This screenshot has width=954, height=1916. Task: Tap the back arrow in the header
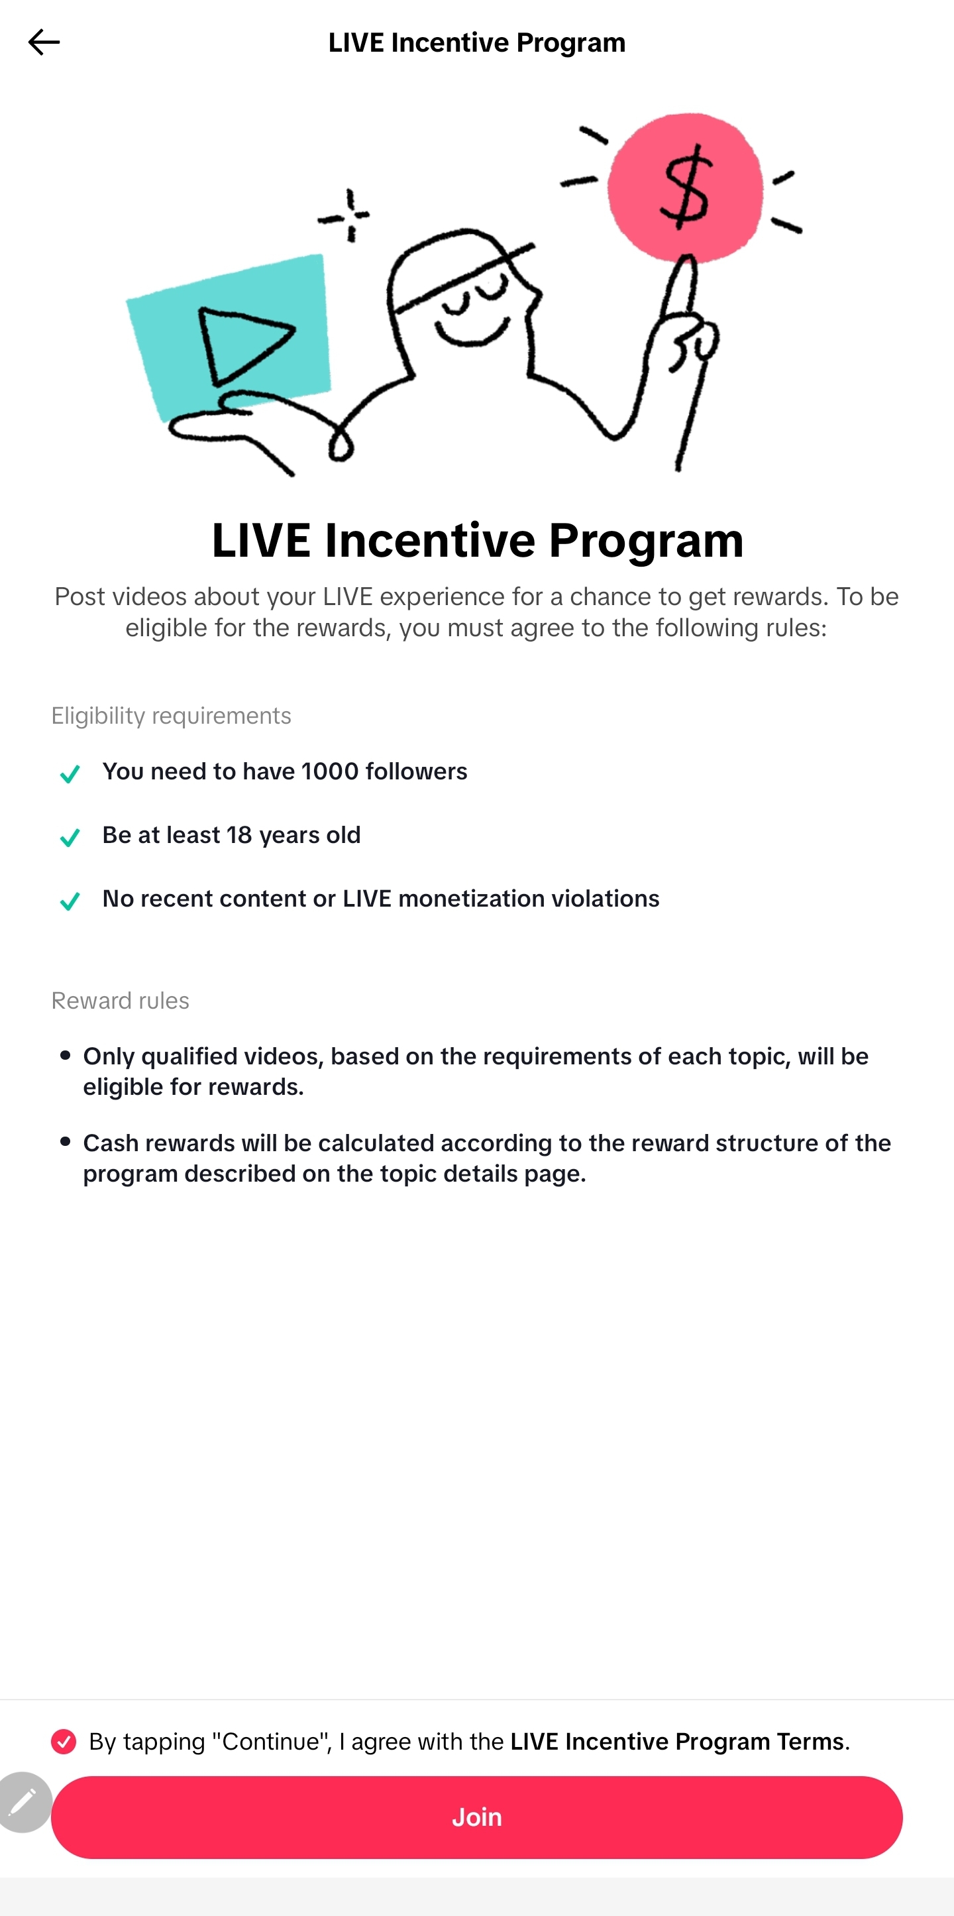tap(44, 42)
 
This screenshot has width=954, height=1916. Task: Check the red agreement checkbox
tap(64, 1741)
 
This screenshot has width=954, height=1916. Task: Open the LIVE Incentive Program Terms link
tap(677, 1741)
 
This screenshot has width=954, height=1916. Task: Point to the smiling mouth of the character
tap(472, 331)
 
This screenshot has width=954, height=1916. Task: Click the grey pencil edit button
tap(24, 1802)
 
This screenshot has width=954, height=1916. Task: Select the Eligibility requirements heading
tap(171, 716)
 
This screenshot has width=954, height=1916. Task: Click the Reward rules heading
tap(121, 1000)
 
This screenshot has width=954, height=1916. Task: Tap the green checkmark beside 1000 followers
tap(70, 774)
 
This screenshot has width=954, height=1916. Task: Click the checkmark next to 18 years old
tap(70, 838)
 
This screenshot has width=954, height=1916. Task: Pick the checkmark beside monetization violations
tap(70, 901)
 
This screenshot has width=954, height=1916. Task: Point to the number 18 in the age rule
tap(239, 834)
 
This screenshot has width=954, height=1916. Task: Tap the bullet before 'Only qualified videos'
tap(66, 1054)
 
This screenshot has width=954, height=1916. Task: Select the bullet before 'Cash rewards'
tap(66, 1141)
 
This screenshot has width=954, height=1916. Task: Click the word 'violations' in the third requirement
tap(602, 899)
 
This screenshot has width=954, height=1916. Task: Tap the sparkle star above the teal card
tap(346, 215)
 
